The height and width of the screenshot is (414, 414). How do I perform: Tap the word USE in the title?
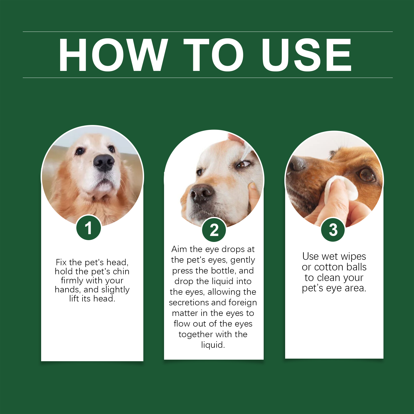306,55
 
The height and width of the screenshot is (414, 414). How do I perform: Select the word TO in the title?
214,55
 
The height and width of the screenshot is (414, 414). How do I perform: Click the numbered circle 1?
88,228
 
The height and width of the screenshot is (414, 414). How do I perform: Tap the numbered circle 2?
214,230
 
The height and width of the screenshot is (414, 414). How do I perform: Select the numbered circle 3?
333,230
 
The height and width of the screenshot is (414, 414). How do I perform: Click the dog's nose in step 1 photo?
104,162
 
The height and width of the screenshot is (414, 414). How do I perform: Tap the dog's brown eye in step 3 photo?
367,175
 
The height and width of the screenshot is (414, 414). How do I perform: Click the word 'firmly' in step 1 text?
72,280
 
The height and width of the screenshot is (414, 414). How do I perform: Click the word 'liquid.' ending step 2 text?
213,345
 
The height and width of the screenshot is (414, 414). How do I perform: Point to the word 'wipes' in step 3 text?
353,257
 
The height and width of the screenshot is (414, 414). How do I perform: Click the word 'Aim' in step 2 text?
179,249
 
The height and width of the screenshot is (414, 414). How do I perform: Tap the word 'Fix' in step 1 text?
61,262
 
